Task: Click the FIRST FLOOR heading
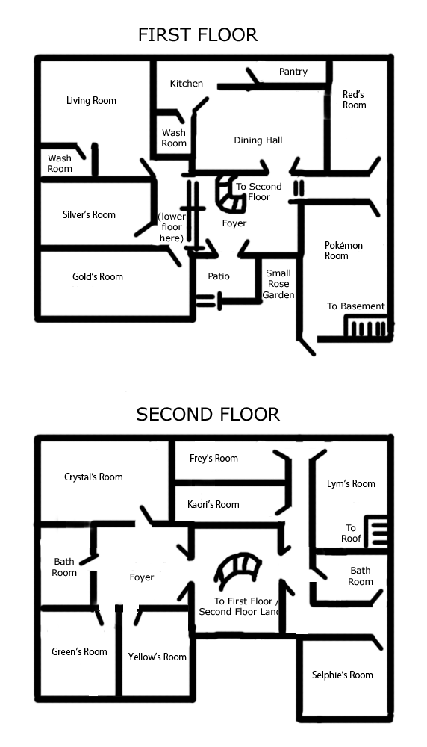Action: pos(198,35)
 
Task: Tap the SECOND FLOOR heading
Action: pos(208,414)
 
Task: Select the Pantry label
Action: pos(293,72)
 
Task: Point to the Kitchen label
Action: pos(187,84)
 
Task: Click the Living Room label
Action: pos(91,101)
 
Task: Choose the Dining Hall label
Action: pos(258,140)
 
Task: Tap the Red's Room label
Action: pos(354,99)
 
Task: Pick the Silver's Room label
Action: pos(89,214)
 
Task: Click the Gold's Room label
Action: pos(98,276)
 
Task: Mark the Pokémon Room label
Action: pos(343,250)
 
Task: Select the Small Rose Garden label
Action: pos(278,284)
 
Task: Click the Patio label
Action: pos(219,276)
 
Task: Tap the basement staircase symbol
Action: pos(367,328)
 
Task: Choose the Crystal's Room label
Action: pos(93,477)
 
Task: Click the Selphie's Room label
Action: pos(342,675)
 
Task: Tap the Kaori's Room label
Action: pos(213,504)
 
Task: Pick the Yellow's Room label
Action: pos(157,657)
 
